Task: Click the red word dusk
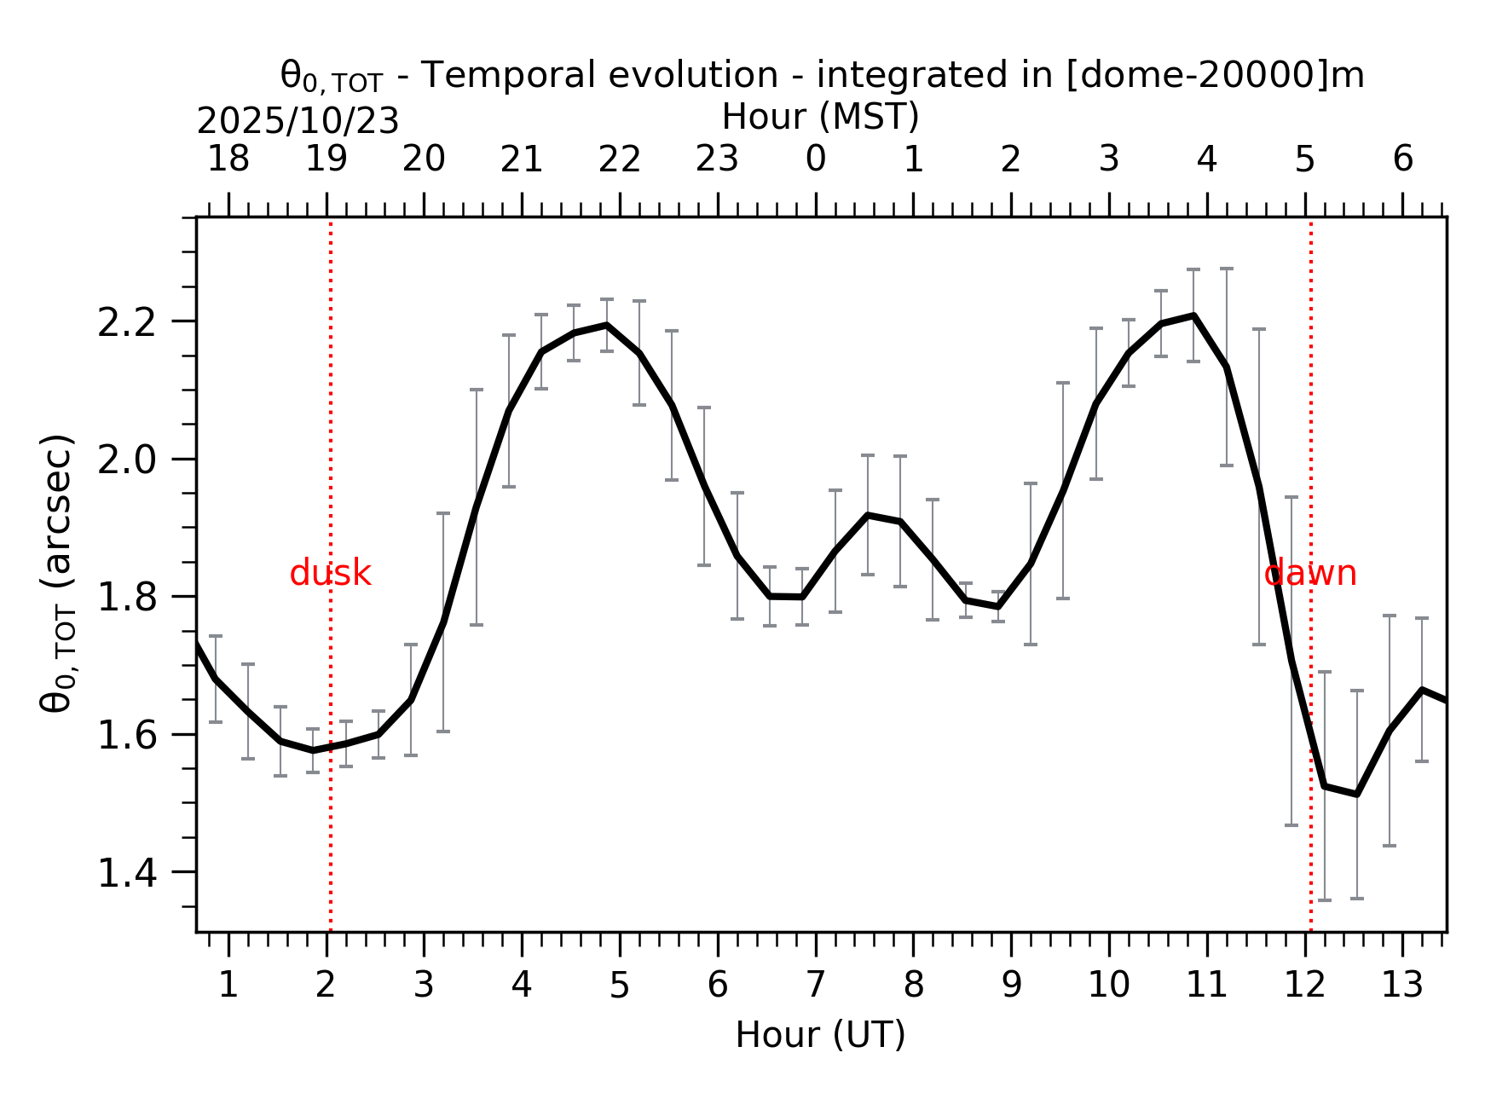coord(330,574)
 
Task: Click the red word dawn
coord(1309,574)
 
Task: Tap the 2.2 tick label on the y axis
coord(126,323)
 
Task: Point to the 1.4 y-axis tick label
coord(126,874)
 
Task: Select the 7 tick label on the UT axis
coord(815,986)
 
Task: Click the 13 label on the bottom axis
coord(1401,986)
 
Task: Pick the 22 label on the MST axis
coord(619,159)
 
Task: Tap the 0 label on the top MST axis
coord(815,159)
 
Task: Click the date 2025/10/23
coord(298,122)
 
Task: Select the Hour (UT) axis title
coord(820,1035)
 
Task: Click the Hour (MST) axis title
coord(820,117)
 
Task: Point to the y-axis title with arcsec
coord(58,573)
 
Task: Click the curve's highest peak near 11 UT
coord(1193,316)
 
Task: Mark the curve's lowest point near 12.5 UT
coord(1356,794)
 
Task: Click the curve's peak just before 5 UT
coord(607,325)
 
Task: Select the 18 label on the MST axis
coord(228,159)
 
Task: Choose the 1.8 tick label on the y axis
coord(126,598)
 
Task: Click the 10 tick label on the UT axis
coord(1108,986)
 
